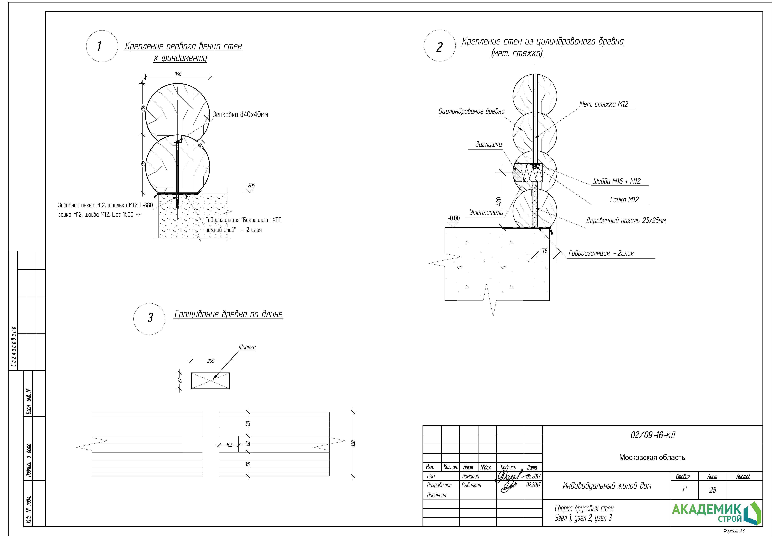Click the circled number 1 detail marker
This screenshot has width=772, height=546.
pos(102,46)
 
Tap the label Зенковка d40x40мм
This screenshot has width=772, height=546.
pos(240,115)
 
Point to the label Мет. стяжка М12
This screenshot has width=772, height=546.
pos(604,104)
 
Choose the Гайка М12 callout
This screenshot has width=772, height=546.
pos(624,200)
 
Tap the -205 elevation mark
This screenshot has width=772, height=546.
pos(250,186)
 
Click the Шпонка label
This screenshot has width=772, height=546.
pos(247,347)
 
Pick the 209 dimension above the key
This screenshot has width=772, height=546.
pos(211,361)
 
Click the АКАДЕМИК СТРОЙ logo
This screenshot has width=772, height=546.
pos(716,513)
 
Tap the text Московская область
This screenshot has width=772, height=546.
pos(652,457)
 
